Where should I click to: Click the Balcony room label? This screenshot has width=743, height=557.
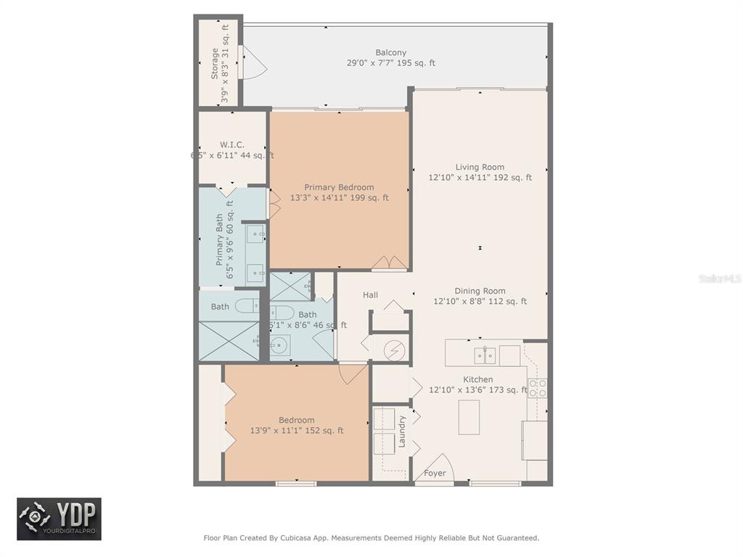click(x=390, y=52)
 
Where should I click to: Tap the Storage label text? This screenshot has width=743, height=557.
click(x=215, y=64)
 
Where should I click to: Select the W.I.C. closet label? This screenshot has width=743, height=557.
click(x=231, y=144)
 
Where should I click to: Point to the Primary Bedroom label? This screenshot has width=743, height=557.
click(x=339, y=187)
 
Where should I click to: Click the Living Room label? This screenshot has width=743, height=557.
click(x=480, y=167)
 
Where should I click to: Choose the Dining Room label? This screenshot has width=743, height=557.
click(x=480, y=291)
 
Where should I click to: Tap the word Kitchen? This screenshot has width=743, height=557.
click(x=478, y=379)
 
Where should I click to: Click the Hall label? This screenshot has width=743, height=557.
click(x=370, y=295)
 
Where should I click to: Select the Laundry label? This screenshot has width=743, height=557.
click(x=402, y=431)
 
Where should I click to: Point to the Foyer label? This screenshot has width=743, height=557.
click(x=435, y=474)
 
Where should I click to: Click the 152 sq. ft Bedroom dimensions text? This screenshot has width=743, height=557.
click(x=297, y=431)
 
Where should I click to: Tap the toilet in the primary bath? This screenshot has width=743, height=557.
click(x=247, y=305)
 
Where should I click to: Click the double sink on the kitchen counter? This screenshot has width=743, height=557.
click(x=485, y=355)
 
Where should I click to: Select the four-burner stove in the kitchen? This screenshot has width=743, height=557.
click(x=537, y=388)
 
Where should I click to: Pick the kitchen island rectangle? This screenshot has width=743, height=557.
click(x=469, y=417)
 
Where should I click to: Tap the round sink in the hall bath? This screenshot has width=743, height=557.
click(x=279, y=343)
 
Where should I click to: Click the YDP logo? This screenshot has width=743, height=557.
click(x=59, y=519)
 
